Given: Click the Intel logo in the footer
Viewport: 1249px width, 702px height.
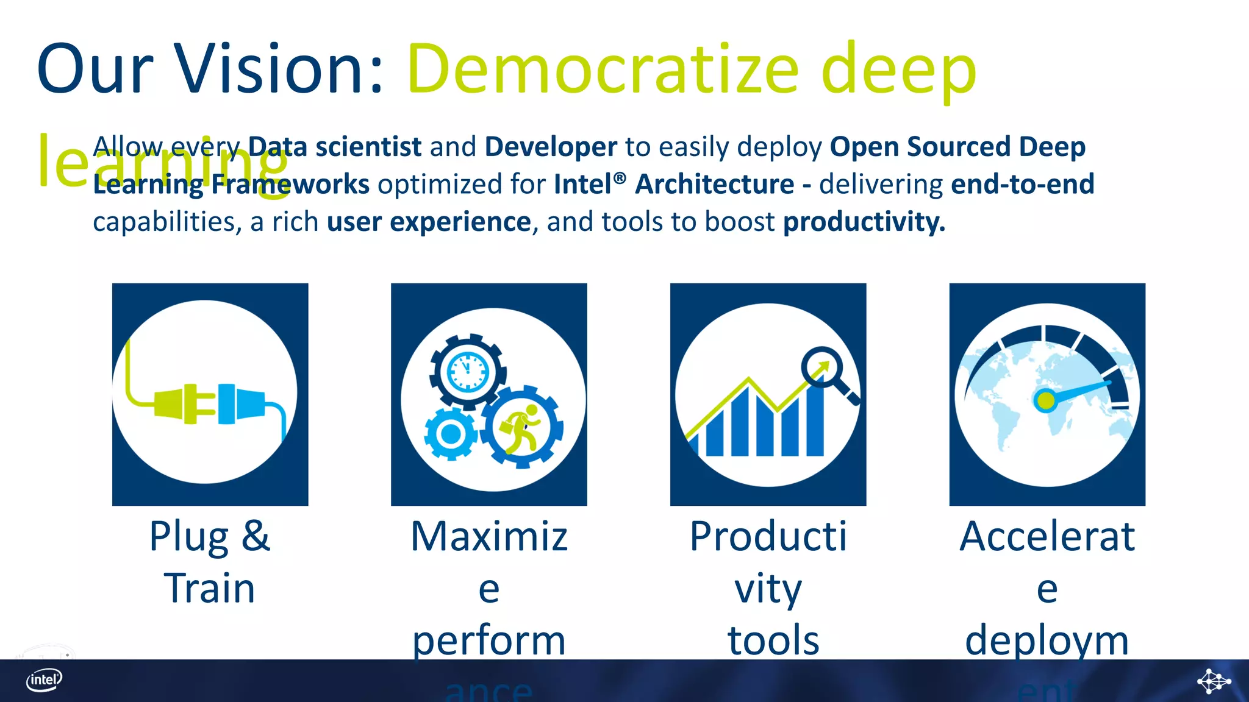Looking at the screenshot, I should (x=44, y=680).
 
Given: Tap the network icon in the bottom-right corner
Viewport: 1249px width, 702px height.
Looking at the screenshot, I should (x=1213, y=681).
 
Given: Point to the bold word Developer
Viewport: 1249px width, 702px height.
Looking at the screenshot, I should (x=551, y=147).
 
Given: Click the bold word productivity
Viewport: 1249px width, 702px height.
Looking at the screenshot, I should (x=864, y=222).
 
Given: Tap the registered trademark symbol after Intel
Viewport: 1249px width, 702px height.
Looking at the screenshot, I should (x=620, y=179).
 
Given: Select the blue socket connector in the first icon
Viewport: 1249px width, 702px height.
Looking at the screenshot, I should (x=241, y=403).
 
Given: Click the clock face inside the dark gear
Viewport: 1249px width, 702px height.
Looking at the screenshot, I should (x=468, y=371).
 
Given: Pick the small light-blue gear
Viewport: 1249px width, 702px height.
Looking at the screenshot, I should (x=451, y=434).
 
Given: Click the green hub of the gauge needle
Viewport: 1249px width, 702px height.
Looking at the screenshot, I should (x=1045, y=401).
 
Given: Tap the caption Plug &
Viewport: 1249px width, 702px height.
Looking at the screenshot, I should (x=209, y=537).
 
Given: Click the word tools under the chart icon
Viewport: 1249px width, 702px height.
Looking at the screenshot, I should (x=773, y=640).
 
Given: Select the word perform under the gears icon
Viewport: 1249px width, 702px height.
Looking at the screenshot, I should (x=489, y=640).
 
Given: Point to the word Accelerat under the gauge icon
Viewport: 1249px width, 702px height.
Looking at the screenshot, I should (x=1047, y=537).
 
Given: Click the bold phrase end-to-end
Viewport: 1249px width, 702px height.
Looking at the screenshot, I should (x=1022, y=184).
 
